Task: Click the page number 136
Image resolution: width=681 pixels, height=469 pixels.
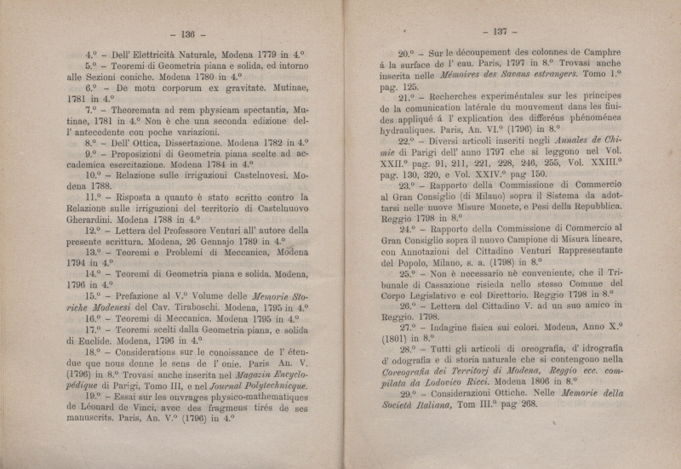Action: (183, 34)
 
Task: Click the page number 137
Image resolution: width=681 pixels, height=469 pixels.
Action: (494, 31)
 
